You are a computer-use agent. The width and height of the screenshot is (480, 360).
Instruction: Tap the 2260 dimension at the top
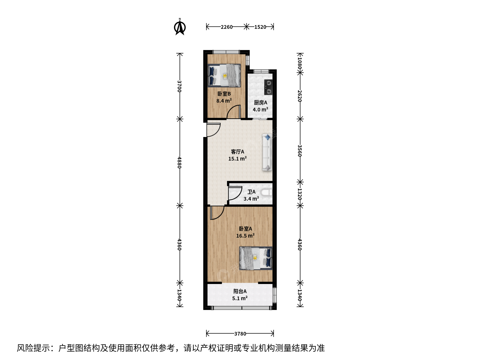pos(227,27)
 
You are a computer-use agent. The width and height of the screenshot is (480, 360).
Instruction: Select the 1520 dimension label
pos(260,27)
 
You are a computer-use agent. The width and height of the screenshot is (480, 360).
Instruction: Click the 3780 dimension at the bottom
pos(240,334)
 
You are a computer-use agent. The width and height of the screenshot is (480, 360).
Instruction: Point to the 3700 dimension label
pos(180,86)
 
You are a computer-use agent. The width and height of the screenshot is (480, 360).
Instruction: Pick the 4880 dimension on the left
pos(180,162)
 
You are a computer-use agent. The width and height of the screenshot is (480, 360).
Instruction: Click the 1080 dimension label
pos(300,62)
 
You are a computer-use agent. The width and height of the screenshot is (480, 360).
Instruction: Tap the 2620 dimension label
pos(300,96)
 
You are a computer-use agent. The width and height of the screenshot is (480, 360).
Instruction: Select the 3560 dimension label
pos(300,151)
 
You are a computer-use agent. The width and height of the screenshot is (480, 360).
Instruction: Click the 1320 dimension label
pos(300,194)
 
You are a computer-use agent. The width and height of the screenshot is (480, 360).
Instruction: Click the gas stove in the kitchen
pos(268,87)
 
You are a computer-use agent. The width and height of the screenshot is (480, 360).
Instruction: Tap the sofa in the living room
pos(267,152)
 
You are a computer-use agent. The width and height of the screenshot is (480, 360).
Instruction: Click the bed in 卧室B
pos(224,75)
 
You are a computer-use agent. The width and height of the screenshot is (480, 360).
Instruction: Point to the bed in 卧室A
pos(256,258)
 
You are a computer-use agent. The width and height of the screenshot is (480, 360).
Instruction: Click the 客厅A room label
pos(237,152)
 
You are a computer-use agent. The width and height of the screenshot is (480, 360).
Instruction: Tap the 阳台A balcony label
pos(240,291)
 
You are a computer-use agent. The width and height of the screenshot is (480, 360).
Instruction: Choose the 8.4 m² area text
pos(224,101)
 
